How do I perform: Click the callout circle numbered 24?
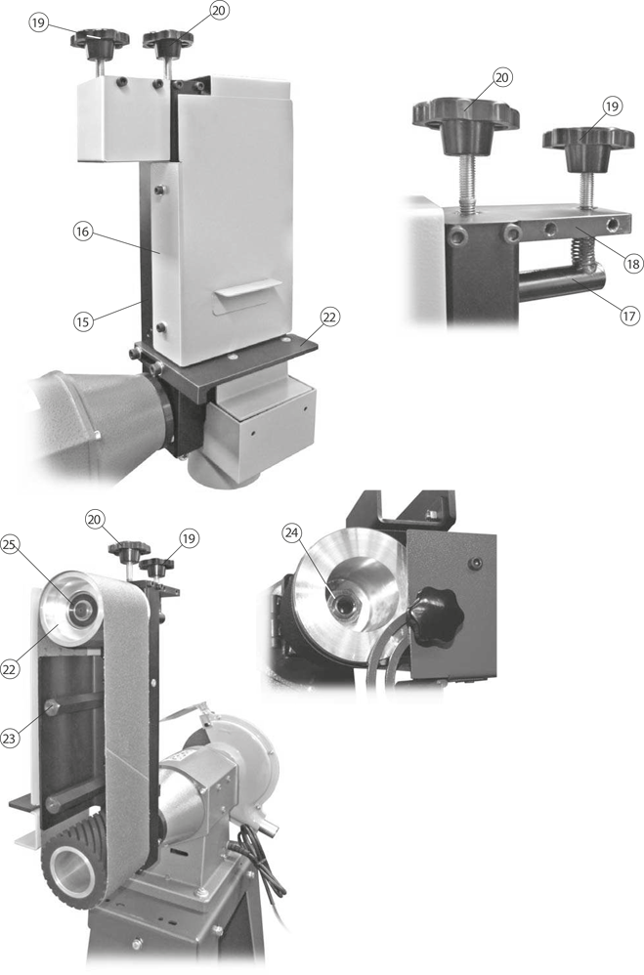[x=292, y=532]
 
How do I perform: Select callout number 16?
[x=82, y=232]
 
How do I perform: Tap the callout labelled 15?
[x=82, y=321]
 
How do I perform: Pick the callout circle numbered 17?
[x=629, y=316]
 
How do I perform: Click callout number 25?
[x=9, y=545]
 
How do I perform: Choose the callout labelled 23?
[x=9, y=739]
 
